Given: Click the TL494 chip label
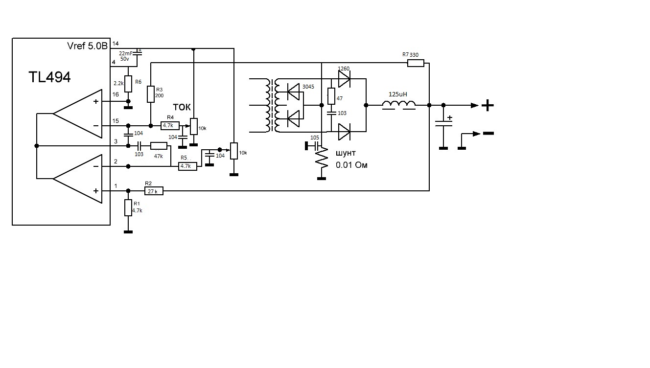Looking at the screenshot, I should tap(49, 77).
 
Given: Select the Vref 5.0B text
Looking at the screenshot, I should tap(88, 46).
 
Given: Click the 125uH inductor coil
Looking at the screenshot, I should tap(399, 104).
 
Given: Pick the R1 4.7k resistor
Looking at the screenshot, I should tap(128, 208).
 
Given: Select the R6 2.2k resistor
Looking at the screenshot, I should tap(128, 84).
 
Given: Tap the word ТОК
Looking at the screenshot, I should tap(182, 108).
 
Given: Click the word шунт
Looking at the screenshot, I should tap(346, 153).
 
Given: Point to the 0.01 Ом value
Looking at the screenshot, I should tap(351, 165).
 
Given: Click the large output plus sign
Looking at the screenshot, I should tap(488, 105).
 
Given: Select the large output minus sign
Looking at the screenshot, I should tap(488, 133).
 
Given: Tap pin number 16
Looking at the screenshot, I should tap(115, 93).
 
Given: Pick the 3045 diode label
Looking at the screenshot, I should tap(308, 87).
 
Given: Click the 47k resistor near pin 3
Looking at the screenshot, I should tap(159, 146).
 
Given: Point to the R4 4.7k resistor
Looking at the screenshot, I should tap(170, 125).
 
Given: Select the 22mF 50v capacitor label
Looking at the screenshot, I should tap(126, 56).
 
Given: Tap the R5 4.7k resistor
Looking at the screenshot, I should tap(188, 166).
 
